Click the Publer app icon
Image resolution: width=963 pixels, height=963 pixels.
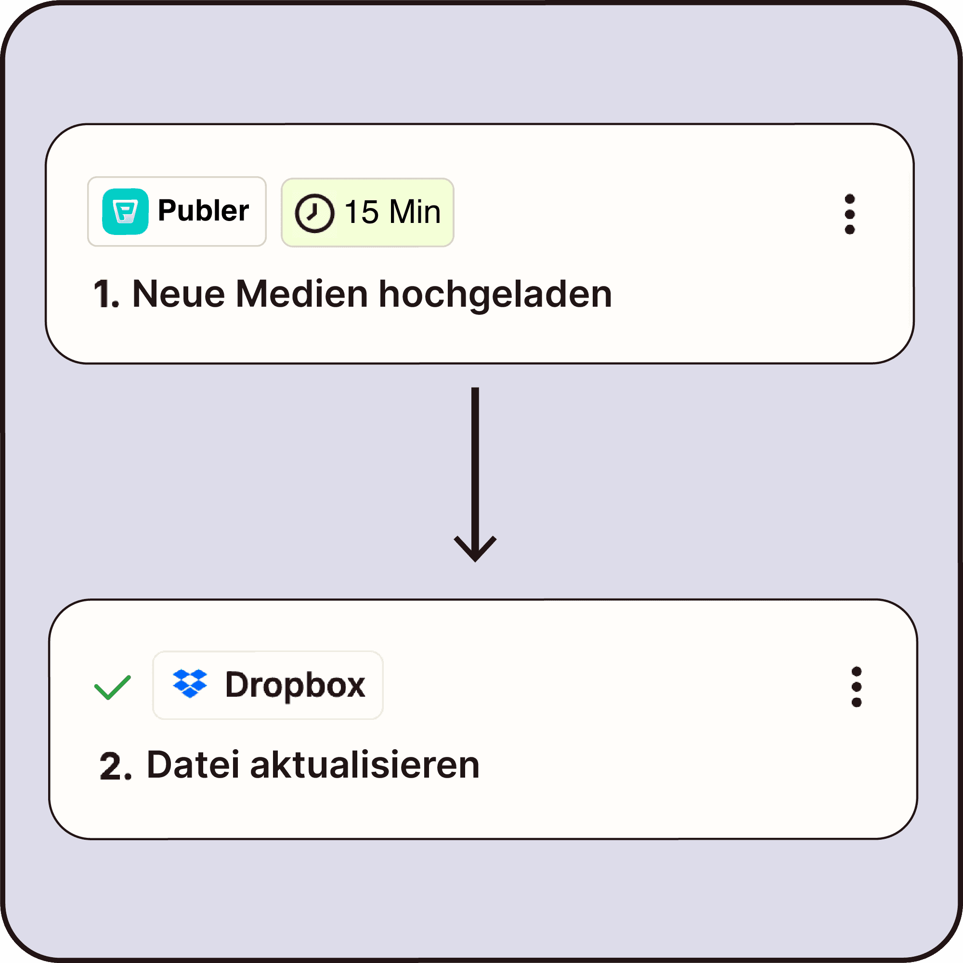tap(125, 211)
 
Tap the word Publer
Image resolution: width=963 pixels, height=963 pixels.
tap(203, 210)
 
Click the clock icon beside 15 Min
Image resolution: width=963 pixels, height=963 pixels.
tap(314, 213)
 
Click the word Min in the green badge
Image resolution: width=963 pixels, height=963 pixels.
tap(415, 212)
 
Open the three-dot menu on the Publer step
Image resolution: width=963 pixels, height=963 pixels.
tap(850, 214)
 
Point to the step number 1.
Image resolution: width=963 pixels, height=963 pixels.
tap(105, 294)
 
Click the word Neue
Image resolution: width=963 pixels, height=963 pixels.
tap(179, 294)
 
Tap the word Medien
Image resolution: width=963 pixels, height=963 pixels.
tap(302, 294)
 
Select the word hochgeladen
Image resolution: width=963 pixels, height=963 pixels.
tap(495, 295)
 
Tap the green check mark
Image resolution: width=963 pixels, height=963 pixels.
tap(113, 688)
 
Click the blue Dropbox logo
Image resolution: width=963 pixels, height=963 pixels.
tap(190, 683)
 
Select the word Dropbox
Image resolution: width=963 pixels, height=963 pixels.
tap(295, 685)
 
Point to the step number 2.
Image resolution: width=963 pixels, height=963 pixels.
tap(114, 766)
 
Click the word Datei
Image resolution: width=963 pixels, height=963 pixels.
tap(194, 765)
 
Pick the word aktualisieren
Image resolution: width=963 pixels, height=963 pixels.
tap(364, 765)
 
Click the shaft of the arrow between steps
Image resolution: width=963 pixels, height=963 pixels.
tap(475, 464)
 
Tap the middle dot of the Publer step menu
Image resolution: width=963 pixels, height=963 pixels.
tap(850, 214)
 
